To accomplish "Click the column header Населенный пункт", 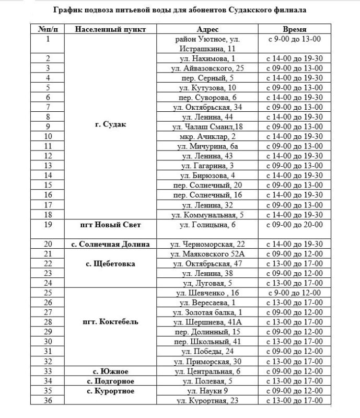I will pyautogui.click(x=110, y=29).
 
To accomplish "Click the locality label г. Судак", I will pyautogui.click(x=110, y=125).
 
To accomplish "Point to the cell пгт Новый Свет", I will pyautogui.click(x=110, y=224).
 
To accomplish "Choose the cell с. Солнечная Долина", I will pyautogui.click(x=110, y=244).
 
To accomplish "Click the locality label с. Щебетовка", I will pyautogui.click(x=110, y=264).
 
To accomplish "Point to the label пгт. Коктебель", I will pyautogui.click(x=110, y=322).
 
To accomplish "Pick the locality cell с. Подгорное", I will pyautogui.click(x=110, y=381).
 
